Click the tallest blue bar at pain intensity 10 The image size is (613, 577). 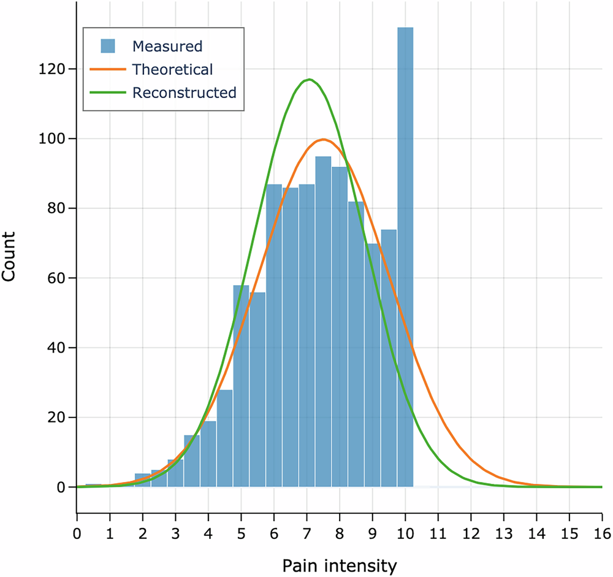[x=405, y=258]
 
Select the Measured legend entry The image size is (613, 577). [x=167, y=46]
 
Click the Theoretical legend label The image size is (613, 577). [x=172, y=69]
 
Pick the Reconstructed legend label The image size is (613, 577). [x=184, y=93]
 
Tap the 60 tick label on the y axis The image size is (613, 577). [x=58, y=278]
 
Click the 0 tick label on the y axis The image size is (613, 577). [x=62, y=487]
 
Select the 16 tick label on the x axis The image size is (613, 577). [x=601, y=528]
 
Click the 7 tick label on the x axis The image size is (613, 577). [x=306, y=528]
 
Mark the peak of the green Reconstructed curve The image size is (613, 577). [x=310, y=79]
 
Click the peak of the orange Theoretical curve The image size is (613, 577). [x=323, y=139]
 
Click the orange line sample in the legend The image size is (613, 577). [x=106, y=69]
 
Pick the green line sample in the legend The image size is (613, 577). [x=106, y=93]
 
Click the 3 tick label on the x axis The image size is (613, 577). [x=175, y=528]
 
